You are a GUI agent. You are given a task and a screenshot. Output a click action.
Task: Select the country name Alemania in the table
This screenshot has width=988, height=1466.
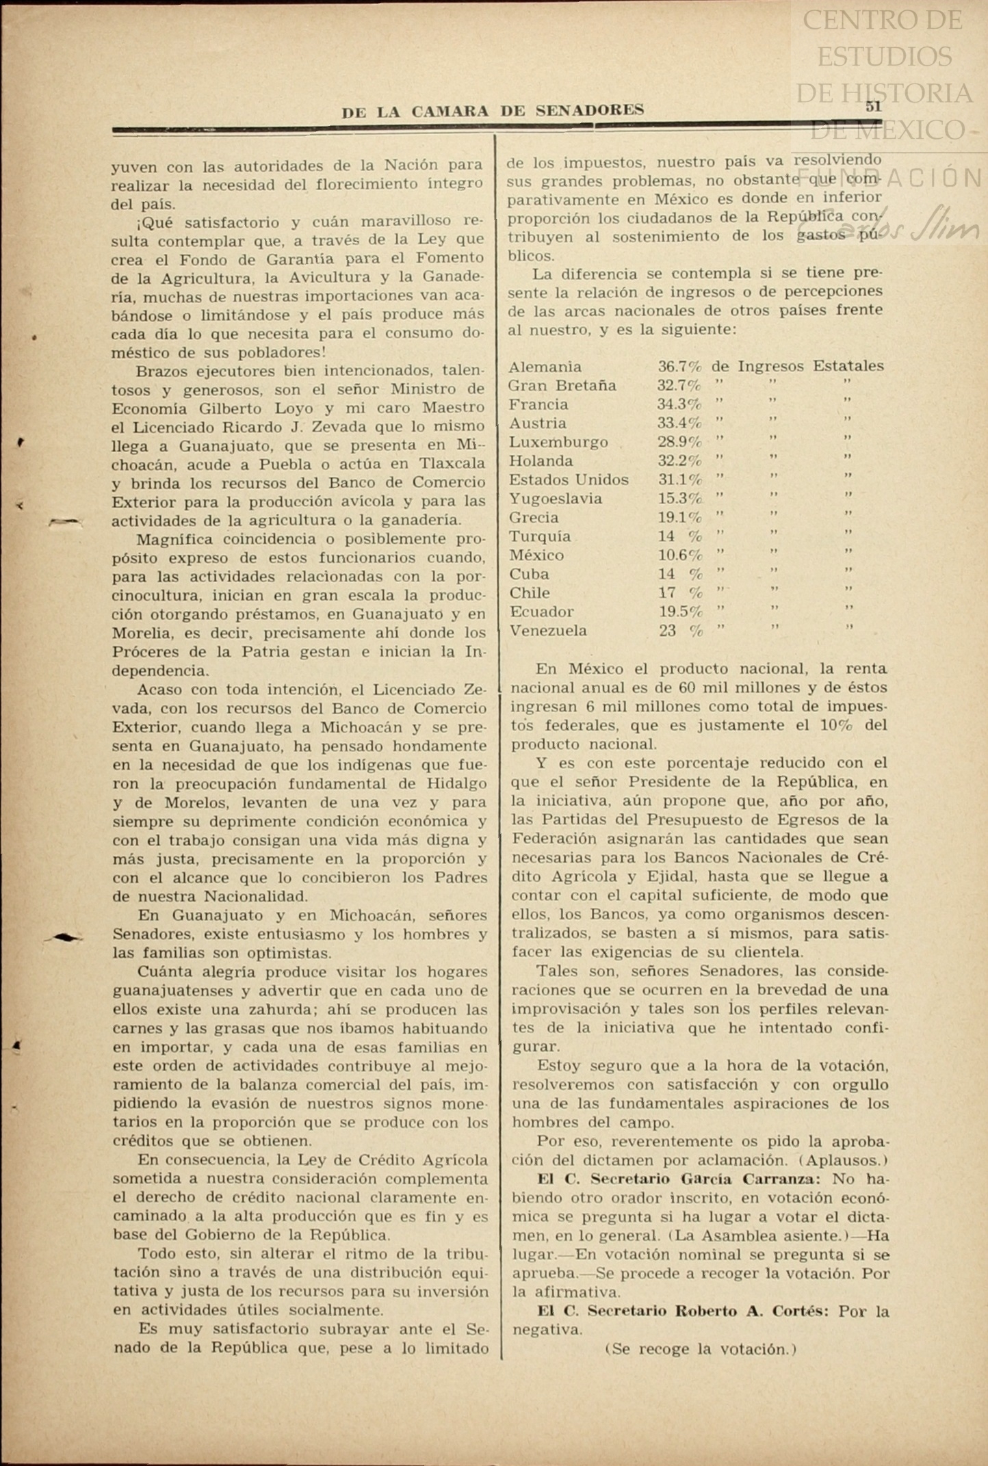tap(545, 367)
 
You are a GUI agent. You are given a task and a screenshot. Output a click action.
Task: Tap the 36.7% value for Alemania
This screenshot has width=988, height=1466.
tap(679, 367)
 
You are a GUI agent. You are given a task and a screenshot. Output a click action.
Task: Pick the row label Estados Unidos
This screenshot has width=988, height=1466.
tap(569, 480)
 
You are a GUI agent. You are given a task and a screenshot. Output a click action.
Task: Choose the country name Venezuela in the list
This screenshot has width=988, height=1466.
tap(548, 631)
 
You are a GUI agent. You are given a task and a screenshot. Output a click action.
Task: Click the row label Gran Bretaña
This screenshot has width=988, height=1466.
tap(562, 386)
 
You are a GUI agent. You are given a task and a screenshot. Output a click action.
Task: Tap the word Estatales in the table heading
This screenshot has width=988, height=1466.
tap(848, 366)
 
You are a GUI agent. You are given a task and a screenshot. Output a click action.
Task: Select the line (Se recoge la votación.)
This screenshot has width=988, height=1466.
tap(701, 1349)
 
